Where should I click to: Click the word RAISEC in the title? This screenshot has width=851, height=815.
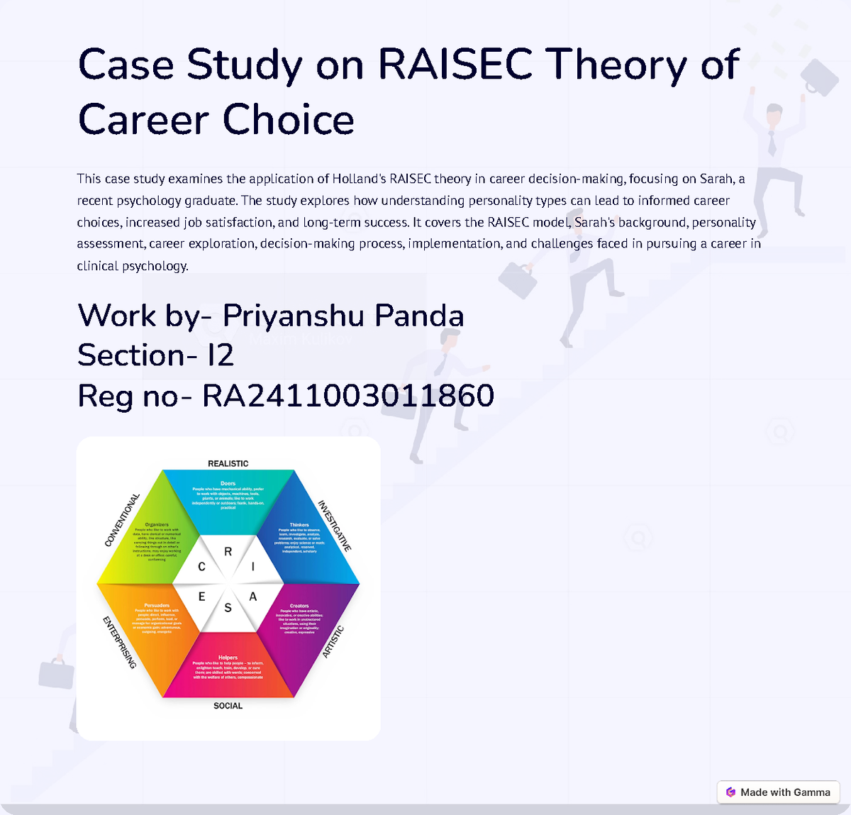pos(455,65)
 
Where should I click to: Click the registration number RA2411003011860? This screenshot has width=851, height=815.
pos(347,396)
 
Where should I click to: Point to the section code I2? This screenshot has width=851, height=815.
pos(221,355)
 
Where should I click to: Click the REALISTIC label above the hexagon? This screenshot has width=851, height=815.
pos(228,464)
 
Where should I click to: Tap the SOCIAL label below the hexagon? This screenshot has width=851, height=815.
pos(228,706)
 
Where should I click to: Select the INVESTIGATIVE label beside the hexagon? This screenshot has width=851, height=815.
pos(334,526)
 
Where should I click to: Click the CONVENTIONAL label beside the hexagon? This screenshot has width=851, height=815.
pos(122,521)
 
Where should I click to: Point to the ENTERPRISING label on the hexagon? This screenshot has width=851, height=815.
pos(119,643)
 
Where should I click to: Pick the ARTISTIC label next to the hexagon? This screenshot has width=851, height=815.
pos(333,642)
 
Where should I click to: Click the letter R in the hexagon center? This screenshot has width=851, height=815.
pos(228,551)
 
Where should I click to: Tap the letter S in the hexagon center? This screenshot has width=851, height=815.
pos(228,608)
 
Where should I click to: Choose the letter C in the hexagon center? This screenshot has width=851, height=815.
pos(202,567)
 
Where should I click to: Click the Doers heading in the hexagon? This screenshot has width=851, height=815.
pos(228,484)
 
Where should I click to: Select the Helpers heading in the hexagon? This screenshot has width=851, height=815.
pos(228,658)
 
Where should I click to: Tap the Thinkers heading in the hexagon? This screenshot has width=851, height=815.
pos(299,525)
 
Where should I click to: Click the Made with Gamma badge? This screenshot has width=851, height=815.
pos(778,792)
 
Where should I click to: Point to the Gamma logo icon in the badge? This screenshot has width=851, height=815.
pos(730,792)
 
